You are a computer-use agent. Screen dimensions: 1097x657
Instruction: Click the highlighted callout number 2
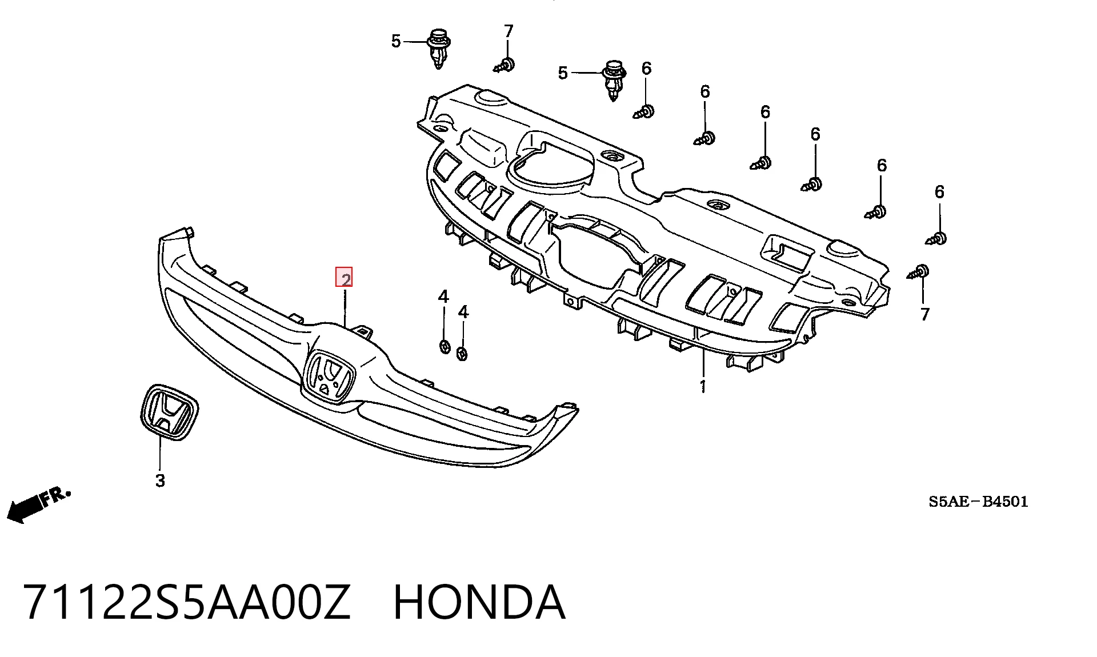344,278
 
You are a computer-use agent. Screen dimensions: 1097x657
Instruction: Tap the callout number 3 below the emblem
160,480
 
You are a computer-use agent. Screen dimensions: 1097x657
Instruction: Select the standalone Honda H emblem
169,412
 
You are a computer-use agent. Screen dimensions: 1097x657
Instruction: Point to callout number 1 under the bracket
703,387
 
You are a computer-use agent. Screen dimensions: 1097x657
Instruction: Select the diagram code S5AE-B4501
978,502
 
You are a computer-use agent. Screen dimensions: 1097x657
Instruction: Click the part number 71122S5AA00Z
186,603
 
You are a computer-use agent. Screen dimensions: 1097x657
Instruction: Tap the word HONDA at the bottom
479,603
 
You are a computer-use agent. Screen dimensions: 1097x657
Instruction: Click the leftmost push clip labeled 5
438,47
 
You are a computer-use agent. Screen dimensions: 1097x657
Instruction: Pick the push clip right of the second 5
614,79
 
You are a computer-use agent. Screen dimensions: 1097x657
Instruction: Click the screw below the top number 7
505,65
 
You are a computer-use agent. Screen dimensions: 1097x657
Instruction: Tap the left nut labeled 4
445,346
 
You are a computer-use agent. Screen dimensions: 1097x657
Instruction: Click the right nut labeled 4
462,354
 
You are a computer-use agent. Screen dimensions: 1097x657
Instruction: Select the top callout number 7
509,31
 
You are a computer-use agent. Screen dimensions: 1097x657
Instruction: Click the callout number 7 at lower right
925,314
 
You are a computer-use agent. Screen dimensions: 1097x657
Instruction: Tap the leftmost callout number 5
396,41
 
